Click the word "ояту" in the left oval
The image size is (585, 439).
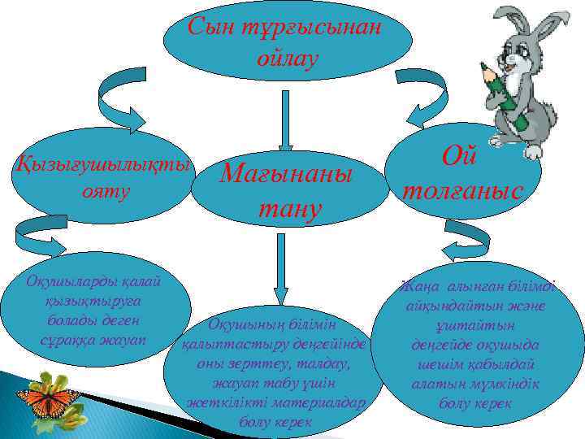pyautogui.click(x=102, y=194)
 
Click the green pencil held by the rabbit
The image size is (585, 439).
pyautogui.click(x=497, y=85)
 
